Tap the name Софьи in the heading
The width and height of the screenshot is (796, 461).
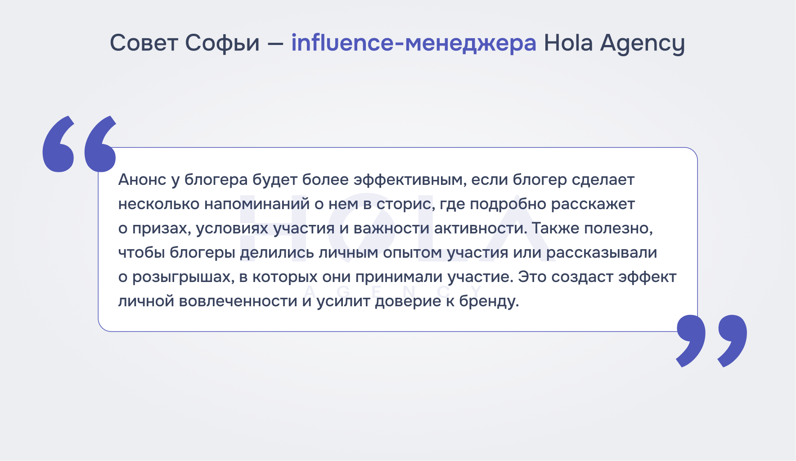point(222,44)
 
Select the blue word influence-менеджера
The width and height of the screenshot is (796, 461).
point(414,43)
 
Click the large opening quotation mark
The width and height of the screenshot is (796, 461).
point(79,144)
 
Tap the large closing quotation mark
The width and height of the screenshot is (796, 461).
point(711,341)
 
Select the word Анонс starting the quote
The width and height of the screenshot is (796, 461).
point(142,180)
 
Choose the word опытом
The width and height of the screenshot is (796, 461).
point(412,253)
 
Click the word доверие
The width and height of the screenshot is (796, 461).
point(408,302)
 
